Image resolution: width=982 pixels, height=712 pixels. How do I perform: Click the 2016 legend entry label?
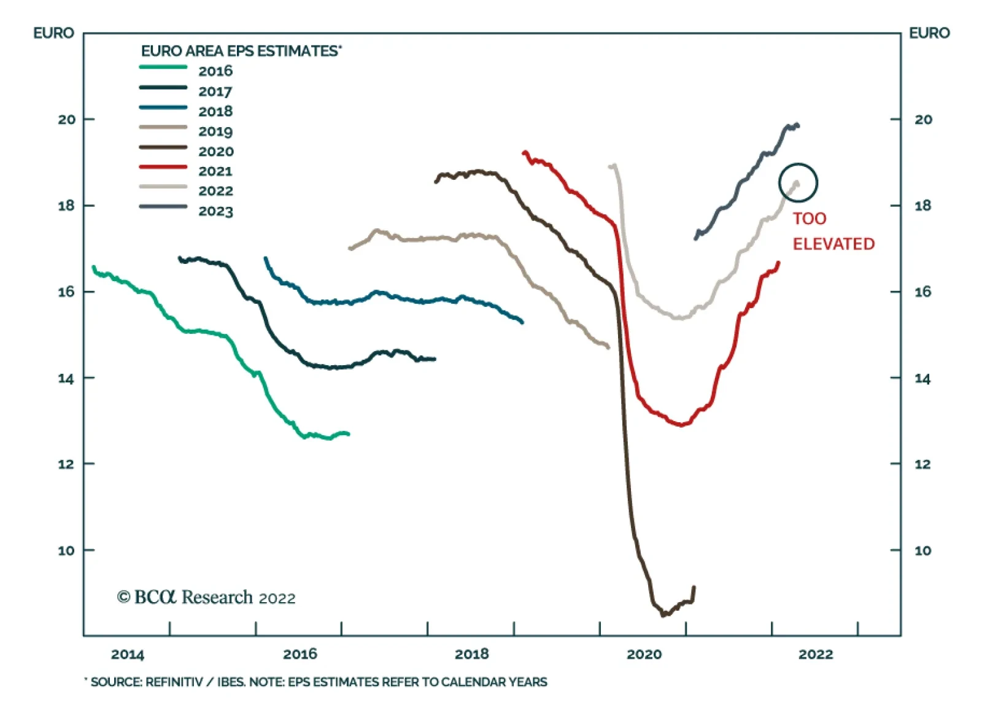point(215,71)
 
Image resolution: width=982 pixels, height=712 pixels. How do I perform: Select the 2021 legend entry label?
point(215,171)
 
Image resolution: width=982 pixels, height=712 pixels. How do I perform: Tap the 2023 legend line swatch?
point(163,207)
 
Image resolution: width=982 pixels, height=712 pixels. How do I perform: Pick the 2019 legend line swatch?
point(163,127)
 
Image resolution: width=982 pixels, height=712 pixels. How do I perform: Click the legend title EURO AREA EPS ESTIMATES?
point(241,51)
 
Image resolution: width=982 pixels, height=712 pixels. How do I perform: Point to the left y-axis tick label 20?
point(67,119)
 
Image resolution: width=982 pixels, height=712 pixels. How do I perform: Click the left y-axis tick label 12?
point(67,464)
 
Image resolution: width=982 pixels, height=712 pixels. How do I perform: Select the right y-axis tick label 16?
point(922,292)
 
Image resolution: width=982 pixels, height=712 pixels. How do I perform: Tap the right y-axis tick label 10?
point(922,551)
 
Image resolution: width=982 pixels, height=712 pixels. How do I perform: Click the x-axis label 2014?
point(128,654)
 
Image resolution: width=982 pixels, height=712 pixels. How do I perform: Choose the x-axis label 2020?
point(644,654)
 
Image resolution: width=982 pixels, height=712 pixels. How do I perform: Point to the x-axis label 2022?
point(816,654)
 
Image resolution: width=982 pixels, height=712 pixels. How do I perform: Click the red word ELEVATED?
point(833,244)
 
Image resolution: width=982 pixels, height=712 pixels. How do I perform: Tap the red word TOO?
point(809,219)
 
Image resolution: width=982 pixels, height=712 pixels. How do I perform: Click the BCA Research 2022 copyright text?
point(206,597)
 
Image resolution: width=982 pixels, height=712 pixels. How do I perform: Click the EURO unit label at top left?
point(53,33)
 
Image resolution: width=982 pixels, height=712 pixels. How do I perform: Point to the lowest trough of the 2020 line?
point(663,614)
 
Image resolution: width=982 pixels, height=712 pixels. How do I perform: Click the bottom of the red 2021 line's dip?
point(681,425)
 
